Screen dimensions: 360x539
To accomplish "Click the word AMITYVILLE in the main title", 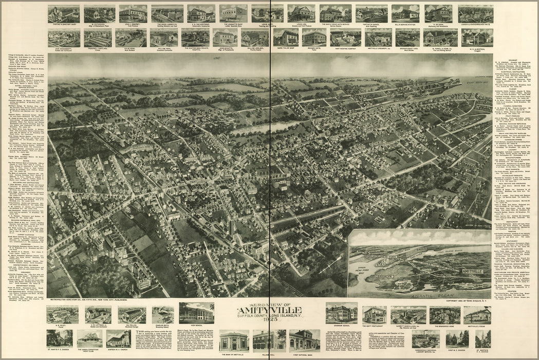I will pos(269,312).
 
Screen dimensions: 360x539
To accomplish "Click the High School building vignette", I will pos(196,313).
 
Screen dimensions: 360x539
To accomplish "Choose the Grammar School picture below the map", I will pos(341,313).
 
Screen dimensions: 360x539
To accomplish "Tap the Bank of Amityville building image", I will pos(234,340).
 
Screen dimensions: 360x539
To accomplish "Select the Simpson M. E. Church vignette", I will pos(119,338).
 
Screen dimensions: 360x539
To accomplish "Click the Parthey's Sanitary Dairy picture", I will pos(64,13).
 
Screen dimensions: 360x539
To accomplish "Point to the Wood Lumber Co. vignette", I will pos(167,13).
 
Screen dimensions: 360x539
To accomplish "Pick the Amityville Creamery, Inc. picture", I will pos(378,36).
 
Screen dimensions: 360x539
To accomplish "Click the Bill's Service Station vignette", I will pos(405,13).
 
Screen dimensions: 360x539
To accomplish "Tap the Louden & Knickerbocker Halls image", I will pos(475,13).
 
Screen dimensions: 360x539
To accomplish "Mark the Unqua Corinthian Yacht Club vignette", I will pos(89,338).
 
